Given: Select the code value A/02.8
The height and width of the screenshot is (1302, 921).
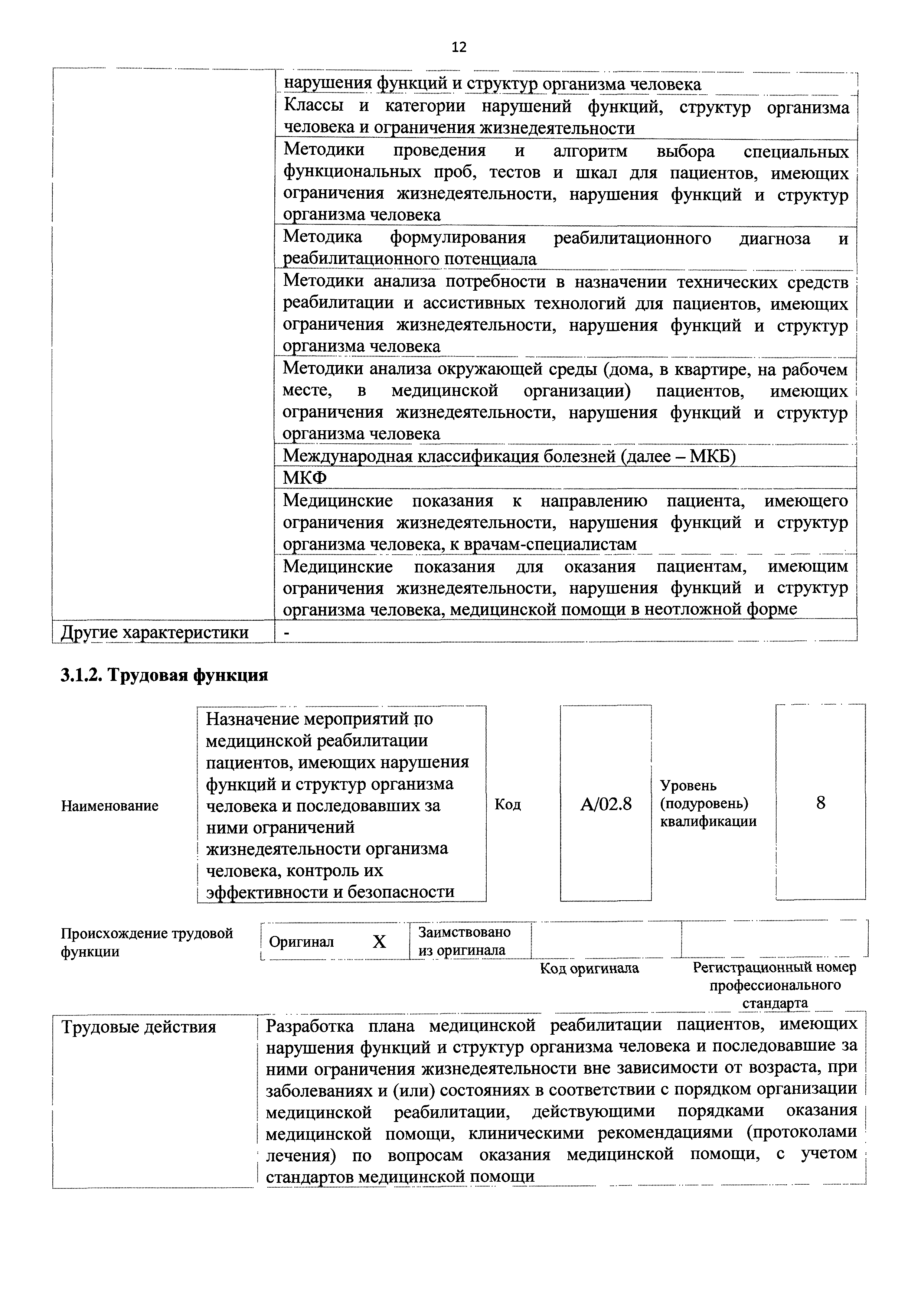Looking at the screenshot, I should tap(606, 804).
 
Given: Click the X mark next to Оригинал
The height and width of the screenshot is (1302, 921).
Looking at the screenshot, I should tap(379, 942).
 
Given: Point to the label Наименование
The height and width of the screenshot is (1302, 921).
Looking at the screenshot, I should tap(110, 806).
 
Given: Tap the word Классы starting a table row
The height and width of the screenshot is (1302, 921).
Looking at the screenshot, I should tap(315, 107).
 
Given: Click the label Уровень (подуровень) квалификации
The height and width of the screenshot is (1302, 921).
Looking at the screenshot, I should tap(708, 803).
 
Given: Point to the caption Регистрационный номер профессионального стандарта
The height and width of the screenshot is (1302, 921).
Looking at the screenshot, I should tap(775, 985).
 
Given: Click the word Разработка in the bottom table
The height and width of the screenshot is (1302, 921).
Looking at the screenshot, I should tap(310, 1026).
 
